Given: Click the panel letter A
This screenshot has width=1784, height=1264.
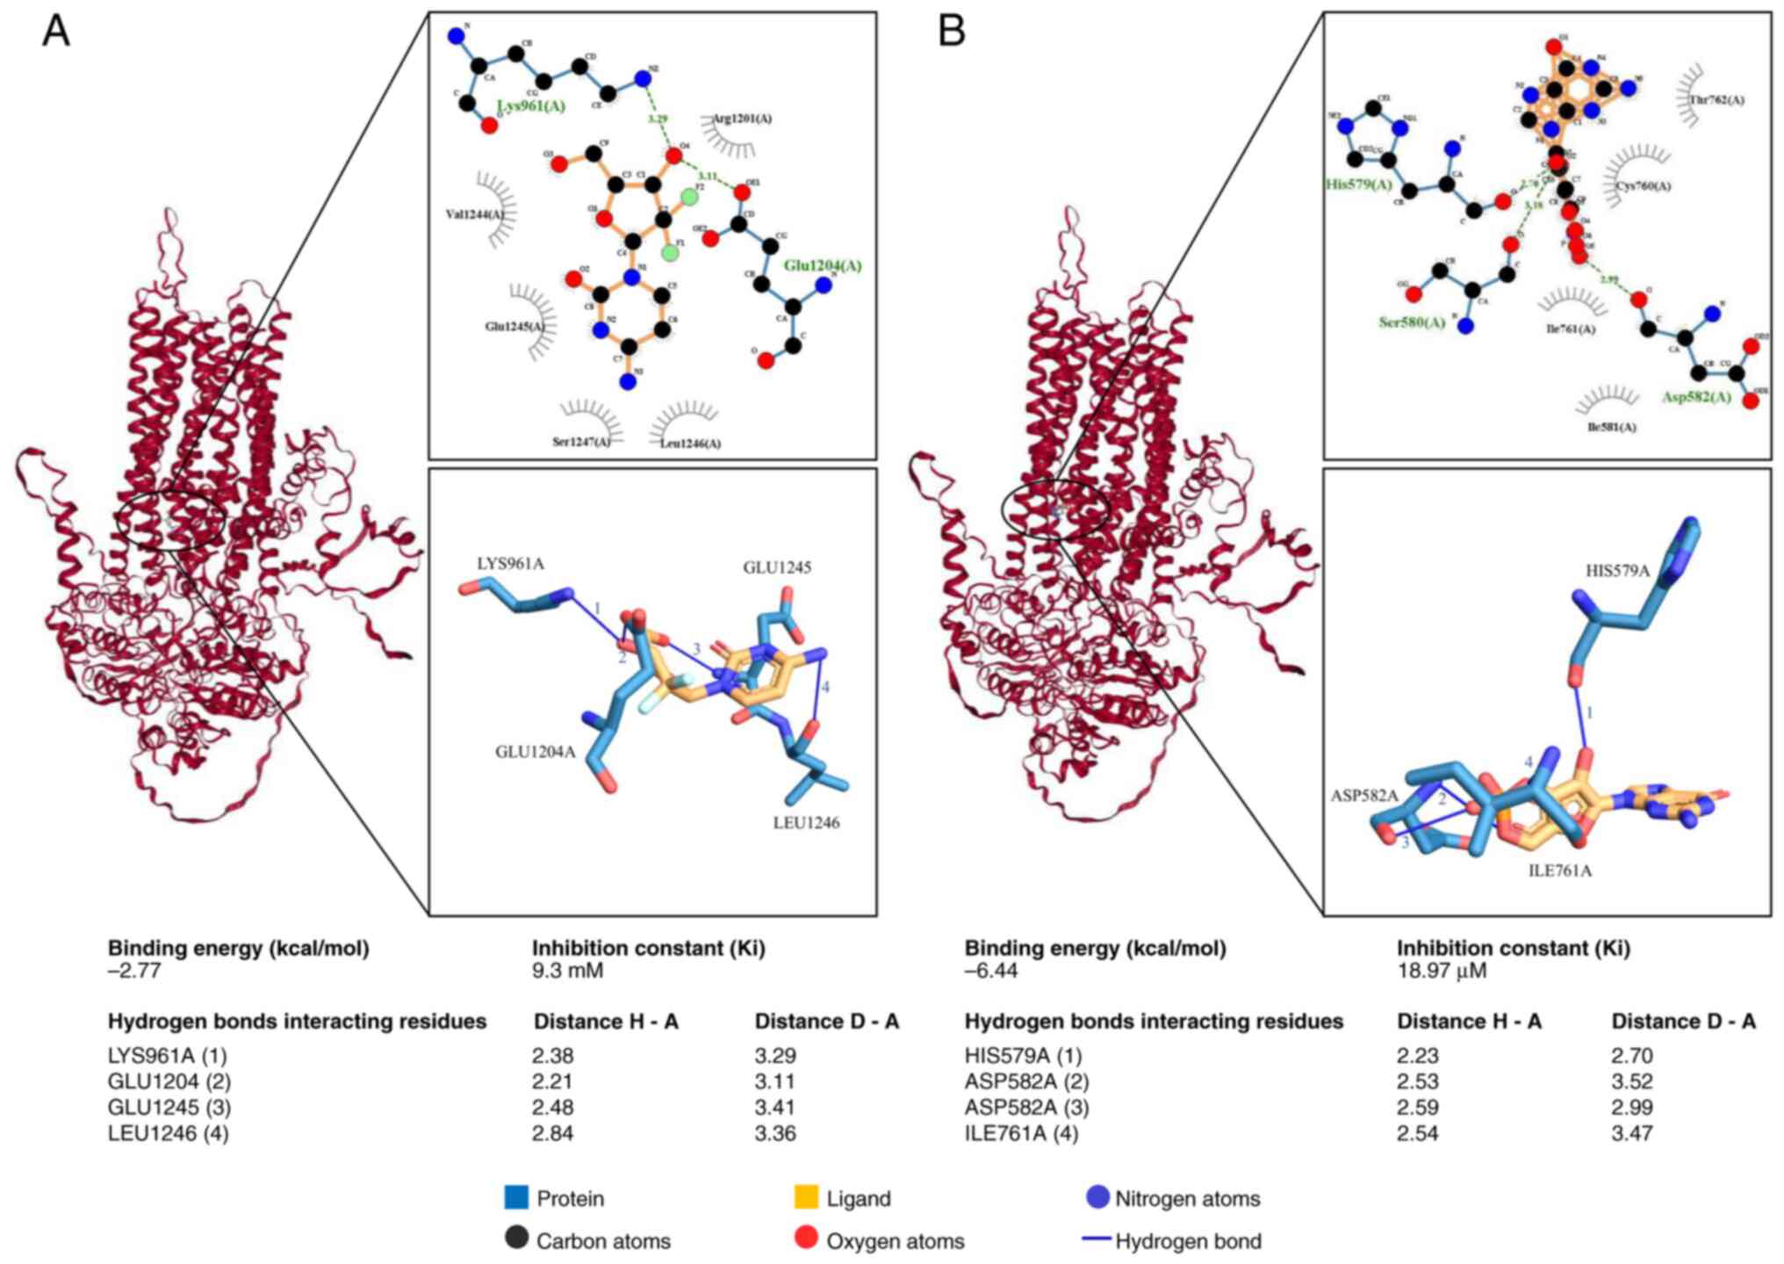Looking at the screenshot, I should tap(56, 32).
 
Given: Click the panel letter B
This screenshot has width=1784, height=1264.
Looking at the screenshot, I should tap(952, 32).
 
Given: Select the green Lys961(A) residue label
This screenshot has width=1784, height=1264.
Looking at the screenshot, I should tap(531, 106).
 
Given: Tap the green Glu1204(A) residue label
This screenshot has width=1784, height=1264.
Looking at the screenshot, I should tap(823, 265).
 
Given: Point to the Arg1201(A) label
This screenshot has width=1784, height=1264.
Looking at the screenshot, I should tap(742, 119).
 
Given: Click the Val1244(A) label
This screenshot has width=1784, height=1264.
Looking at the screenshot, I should tap(475, 214).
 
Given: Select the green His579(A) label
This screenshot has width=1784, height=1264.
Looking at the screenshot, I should tap(1359, 184).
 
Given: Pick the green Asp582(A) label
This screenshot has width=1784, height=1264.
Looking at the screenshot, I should tap(1696, 397).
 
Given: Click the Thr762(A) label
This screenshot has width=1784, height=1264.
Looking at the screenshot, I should tap(1717, 100).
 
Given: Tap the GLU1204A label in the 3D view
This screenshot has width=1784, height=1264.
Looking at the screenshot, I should tap(536, 752).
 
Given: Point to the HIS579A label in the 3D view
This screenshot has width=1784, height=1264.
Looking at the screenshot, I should tap(1617, 571).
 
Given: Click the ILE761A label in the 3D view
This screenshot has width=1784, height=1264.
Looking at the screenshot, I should tap(1559, 871).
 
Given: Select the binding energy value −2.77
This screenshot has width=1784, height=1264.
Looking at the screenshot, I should tap(134, 971).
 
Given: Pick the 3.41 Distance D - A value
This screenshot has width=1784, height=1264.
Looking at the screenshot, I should tap(775, 1107).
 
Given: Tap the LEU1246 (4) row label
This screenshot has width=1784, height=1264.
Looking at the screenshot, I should tap(168, 1133).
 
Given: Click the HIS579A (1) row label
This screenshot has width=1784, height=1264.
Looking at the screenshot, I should tap(1023, 1055).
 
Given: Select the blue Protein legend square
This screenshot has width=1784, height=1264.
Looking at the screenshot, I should tap(516, 1197).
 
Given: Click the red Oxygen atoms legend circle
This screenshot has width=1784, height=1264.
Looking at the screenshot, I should tap(805, 1239).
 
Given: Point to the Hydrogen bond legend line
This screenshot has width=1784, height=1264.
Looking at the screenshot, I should tap(1097, 1239).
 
